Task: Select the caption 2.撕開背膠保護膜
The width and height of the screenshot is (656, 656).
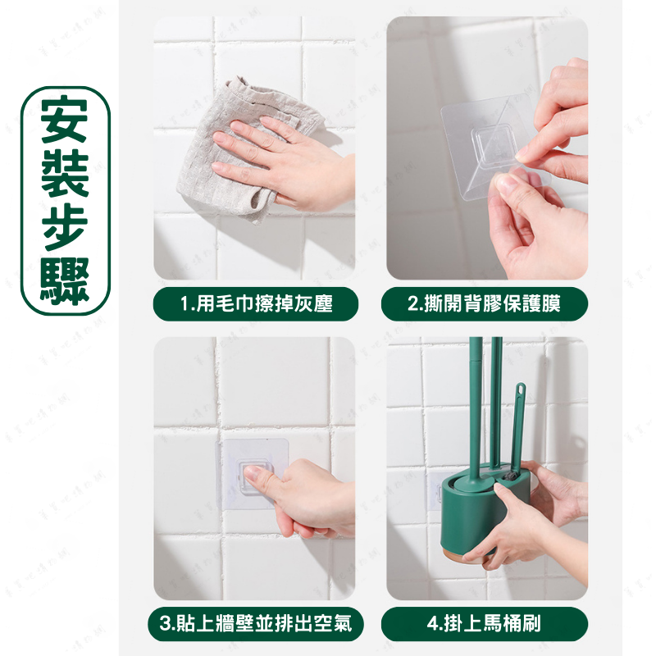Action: point(485,305)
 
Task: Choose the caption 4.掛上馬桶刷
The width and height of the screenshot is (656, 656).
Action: point(485,624)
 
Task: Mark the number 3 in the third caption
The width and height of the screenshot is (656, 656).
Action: point(164,624)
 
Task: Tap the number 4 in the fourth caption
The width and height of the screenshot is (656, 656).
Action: point(432,624)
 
